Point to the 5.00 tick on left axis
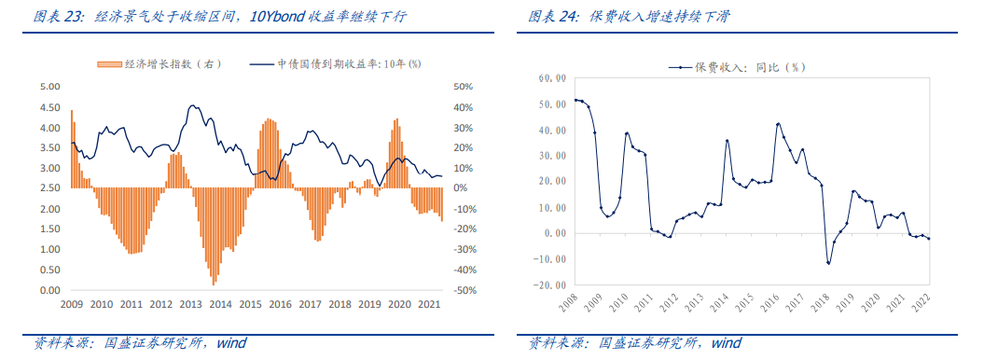49,86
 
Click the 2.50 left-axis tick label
49,188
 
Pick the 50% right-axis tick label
463,86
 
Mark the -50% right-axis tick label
464,290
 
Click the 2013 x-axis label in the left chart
191,304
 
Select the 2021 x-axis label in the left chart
428,304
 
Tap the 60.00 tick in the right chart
552,78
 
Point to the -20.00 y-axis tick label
551,284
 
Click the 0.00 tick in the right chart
556,233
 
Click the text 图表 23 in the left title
58,17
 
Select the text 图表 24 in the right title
552,17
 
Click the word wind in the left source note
230,343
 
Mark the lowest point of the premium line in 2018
828,263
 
